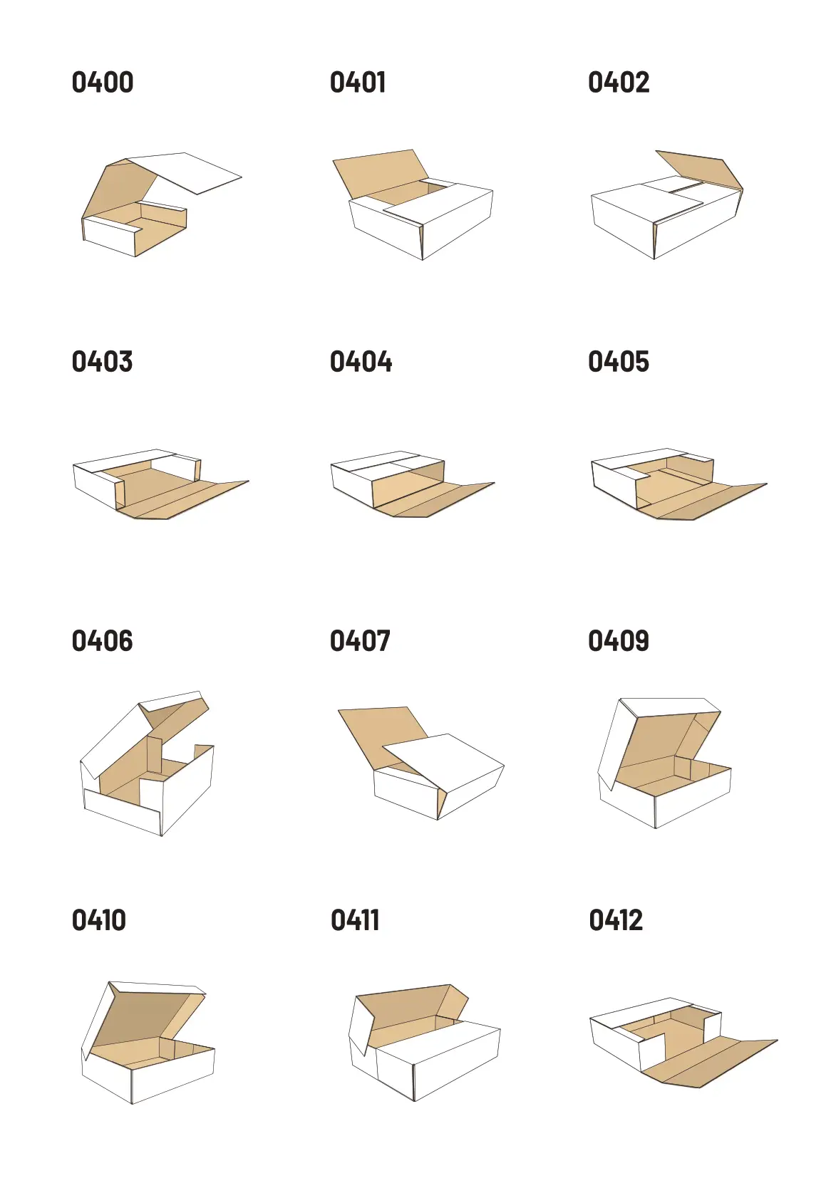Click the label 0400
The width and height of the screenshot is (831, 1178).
pos(103,83)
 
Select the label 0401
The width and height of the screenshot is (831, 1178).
pos(358,83)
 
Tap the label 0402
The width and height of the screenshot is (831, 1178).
pos(619,83)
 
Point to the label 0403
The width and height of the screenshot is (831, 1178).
pos(102,362)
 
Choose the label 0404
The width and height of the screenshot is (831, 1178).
pos(361,362)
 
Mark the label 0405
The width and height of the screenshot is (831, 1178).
pos(619,362)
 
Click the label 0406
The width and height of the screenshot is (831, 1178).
pos(102,641)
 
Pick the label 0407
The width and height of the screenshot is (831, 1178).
pos(360,641)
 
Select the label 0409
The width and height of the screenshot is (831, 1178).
pos(619,641)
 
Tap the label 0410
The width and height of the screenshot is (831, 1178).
pos(99,920)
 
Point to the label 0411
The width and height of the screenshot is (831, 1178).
pos(355,920)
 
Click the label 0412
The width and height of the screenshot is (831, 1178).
pos(616,920)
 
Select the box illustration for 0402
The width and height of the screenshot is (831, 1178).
pos(667,205)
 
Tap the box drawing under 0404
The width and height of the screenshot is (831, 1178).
pos(413,484)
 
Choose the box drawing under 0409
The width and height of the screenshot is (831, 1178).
pos(664,763)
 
